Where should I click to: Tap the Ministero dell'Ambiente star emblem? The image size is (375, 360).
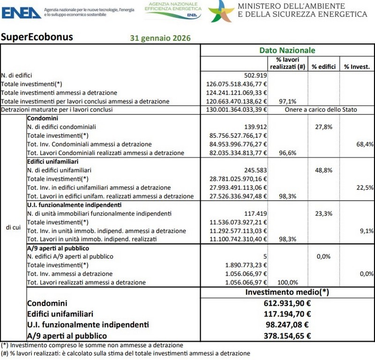221,11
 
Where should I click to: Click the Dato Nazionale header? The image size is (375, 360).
287,50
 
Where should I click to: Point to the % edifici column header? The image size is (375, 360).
324,67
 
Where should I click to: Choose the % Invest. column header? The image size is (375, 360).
357,67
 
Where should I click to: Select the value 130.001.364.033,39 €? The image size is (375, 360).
237,110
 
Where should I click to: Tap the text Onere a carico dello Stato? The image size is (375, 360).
321,110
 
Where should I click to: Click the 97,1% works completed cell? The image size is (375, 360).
287,101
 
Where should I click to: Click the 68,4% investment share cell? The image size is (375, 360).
365,144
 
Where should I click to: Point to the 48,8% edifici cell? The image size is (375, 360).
323,170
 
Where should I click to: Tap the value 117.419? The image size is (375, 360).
255,213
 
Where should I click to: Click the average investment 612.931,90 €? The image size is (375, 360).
288,303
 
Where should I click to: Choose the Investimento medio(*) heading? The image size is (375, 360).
287,292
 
